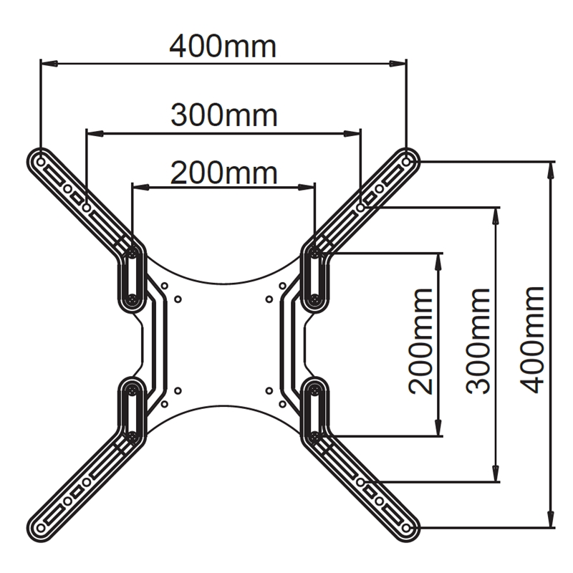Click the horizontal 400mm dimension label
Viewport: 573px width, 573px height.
point(223,47)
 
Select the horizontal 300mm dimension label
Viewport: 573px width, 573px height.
point(223,115)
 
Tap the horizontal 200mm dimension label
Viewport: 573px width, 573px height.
point(223,173)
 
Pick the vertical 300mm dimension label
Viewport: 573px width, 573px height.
point(477,340)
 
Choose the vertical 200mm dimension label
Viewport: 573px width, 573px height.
point(420,340)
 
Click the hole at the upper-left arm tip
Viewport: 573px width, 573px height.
point(40,155)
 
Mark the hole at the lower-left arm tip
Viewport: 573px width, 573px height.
point(40,528)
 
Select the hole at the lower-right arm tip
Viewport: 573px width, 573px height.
point(407,528)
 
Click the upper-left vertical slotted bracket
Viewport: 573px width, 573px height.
point(132,276)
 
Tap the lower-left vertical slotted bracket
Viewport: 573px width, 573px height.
point(132,412)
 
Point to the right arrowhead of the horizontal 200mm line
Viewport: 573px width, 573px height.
point(309,188)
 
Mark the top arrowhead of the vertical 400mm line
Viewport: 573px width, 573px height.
point(551,168)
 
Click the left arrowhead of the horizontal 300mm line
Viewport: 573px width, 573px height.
point(92,132)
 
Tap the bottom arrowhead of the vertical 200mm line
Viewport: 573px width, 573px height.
point(438,429)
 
